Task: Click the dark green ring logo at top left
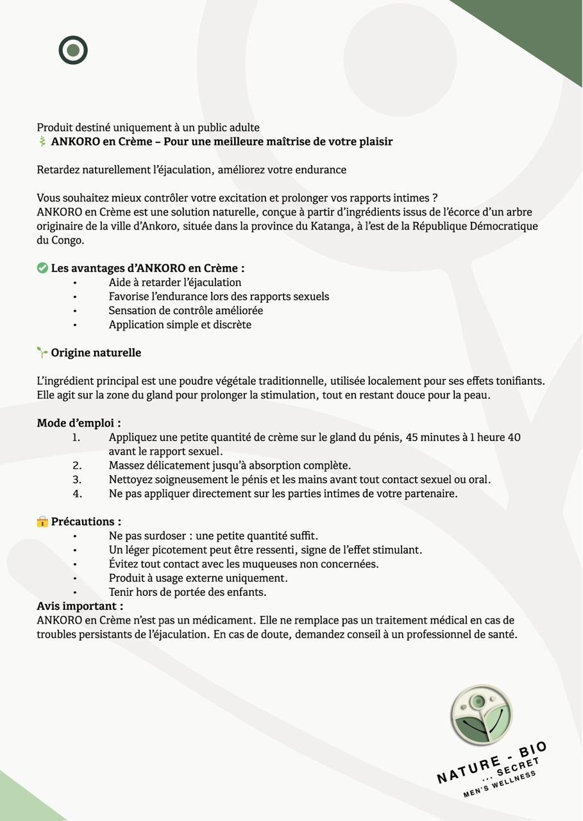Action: (73, 50)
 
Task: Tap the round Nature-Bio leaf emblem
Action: (481, 715)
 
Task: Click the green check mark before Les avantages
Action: (42, 268)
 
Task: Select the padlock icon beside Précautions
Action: (42, 521)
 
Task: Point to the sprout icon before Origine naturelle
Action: (42, 352)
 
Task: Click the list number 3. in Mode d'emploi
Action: (77, 480)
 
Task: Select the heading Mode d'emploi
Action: (79, 423)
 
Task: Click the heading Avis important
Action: (80, 606)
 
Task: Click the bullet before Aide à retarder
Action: (74, 283)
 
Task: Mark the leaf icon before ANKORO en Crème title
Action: (42, 141)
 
